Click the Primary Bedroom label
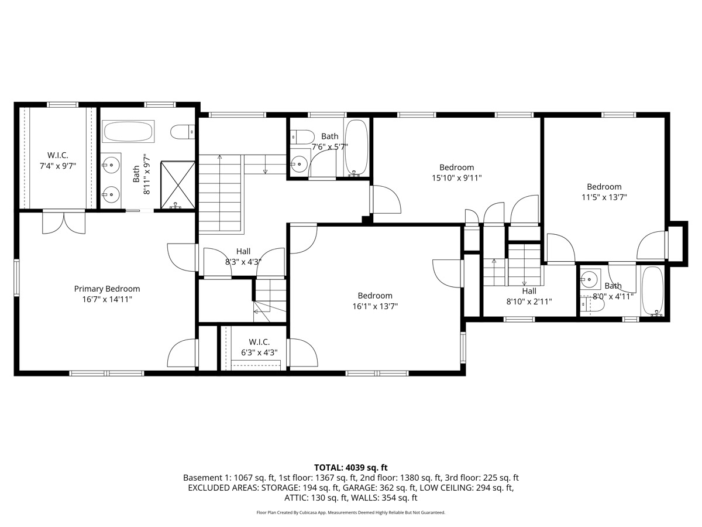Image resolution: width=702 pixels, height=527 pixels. pyautogui.click(x=107, y=289)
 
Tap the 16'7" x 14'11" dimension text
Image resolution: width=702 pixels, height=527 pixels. pyautogui.click(x=107, y=299)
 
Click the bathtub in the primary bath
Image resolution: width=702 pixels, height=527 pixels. pyautogui.click(x=128, y=131)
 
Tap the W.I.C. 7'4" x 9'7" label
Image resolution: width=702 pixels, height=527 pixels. pyautogui.click(x=58, y=160)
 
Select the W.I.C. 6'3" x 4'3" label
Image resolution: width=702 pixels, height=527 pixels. pyautogui.click(x=259, y=347)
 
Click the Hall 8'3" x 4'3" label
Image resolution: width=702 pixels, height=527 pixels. pyautogui.click(x=243, y=256)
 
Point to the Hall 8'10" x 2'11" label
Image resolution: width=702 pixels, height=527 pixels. pyautogui.click(x=529, y=296)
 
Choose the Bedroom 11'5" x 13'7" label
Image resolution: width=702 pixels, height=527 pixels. pyautogui.click(x=604, y=192)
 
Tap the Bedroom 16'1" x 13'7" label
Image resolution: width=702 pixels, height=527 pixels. pyautogui.click(x=375, y=300)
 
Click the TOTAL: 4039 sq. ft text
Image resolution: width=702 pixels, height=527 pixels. pyautogui.click(x=351, y=467)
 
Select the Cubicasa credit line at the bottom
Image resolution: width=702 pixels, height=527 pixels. pyautogui.click(x=351, y=512)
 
